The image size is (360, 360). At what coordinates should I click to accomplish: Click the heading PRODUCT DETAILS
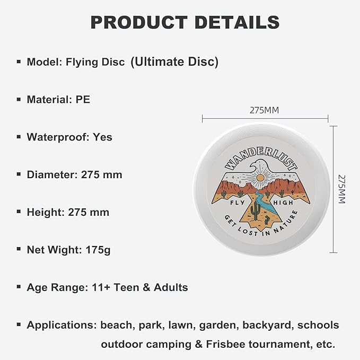coord(185,22)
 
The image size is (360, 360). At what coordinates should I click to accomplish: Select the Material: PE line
coord(58,99)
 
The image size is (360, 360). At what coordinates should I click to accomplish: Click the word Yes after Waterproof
coord(102,137)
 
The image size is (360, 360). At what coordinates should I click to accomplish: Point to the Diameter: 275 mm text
coord(74,174)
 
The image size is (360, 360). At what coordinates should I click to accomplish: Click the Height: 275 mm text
coord(68,212)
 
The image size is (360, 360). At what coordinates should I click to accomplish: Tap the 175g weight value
coord(98,250)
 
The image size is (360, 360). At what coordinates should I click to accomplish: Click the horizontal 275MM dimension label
coord(264,110)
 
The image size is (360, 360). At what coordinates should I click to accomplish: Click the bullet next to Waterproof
coord(19,137)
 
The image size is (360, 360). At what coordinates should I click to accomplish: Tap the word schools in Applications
coord(318,324)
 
